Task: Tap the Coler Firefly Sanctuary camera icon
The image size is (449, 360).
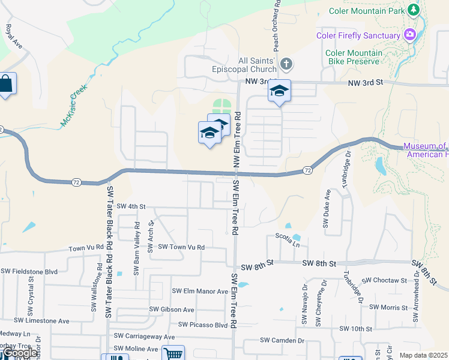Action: (411, 34)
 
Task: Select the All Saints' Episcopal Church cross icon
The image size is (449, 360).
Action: (287, 64)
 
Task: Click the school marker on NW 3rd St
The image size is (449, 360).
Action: (279, 91)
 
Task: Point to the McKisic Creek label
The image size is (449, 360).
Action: (74, 105)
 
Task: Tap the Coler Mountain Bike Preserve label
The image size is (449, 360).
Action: (353, 56)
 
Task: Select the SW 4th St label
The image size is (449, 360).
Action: (131, 206)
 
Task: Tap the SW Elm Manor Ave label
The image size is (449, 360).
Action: (200, 291)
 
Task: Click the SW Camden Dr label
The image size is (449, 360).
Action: (282, 340)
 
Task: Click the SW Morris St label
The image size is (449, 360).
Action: (388, 307)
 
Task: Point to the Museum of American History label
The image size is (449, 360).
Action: (426, 150)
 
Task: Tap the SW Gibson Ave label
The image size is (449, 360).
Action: (172, 310)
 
